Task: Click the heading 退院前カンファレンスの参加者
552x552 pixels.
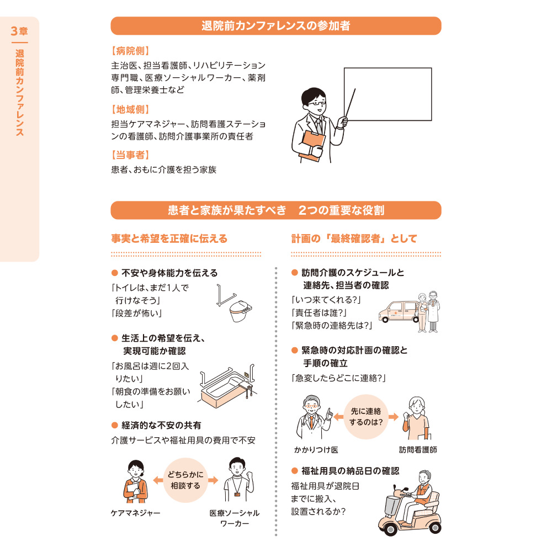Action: coord(275,26)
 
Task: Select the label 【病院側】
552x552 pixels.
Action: coord(130,51)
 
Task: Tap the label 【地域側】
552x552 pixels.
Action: coord(130,109)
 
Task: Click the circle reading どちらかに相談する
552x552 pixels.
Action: coord(185,481)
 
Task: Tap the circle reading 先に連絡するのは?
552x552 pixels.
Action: coord(366,417)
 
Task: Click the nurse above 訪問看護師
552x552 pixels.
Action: coord(416,418)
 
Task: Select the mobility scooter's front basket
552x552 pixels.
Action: coord(389,504)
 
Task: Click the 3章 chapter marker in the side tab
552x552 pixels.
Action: coord(19,31)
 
